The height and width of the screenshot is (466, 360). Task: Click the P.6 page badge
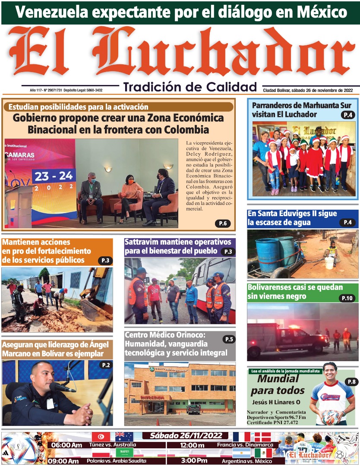[x=223, y=223]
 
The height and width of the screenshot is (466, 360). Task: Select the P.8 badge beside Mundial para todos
[x=350, y=382]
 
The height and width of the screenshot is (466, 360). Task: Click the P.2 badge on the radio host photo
[x=105, y=365]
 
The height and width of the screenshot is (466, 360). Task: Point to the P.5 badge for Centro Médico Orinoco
[x=229, y=340]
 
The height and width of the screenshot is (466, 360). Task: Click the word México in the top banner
[x=320, y=12]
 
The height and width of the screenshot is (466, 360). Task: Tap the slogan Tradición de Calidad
[x=190, y=87]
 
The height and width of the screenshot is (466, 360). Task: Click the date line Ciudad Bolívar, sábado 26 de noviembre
[x=308, y=90]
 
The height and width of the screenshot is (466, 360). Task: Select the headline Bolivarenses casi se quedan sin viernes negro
[x=295, y=292]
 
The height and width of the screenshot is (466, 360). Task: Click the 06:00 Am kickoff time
[x=66, y=445]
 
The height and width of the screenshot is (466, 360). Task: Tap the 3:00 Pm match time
[x=193, y=460]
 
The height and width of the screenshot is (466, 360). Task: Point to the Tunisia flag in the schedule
[x=99, y=437]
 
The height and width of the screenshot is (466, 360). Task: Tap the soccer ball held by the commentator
[x=330, y=417]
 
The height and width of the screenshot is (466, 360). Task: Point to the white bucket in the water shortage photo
[x=329, y=263]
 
